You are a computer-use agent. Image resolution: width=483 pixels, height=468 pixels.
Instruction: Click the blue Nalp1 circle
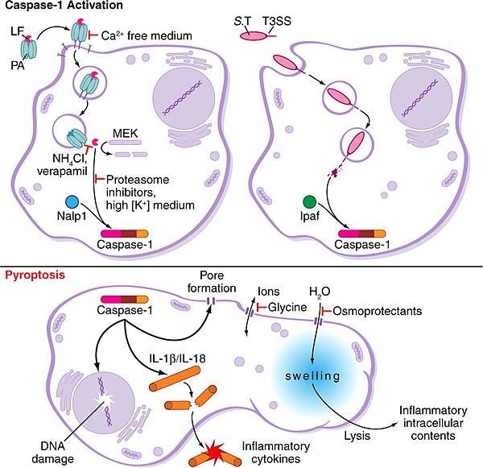click(x=72, y=202)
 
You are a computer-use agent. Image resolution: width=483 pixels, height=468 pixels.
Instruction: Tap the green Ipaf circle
click(x=310, y=202)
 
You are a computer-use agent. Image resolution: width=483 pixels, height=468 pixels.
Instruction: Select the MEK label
click(x=126, y=133)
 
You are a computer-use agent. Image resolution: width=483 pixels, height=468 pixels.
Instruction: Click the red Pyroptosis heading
click(x=35, y=275)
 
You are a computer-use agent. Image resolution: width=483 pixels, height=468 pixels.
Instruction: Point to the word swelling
click(x=312, y=376)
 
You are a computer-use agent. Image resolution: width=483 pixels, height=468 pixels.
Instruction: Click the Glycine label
click(x=287, y=307)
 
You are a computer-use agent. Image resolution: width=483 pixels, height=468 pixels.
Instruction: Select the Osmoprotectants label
click(x=378, y=311)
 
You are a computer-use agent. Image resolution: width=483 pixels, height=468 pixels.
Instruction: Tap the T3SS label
click(x=277, y=21)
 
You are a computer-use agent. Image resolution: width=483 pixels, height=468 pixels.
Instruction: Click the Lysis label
click(x=357, y=436)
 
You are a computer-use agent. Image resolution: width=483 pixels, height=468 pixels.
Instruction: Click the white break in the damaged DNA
click(x=104, y=400)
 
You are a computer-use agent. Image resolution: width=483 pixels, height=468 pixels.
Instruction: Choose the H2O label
click(x=320, y=292)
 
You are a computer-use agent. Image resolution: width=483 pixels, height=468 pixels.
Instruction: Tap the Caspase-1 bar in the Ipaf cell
click(x=362, y=234)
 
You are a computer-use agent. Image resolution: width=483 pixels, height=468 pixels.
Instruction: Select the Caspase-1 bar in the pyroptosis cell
click(x=125, y=300)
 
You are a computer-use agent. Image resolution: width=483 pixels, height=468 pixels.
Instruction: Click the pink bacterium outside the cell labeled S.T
click(x=253, y=36)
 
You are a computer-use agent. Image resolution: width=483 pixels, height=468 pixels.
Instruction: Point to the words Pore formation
click(x=212, y=282)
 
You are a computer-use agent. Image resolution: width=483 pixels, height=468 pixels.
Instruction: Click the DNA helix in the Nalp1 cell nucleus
click(x=183, y=97)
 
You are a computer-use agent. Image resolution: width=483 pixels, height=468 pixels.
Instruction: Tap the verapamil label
click(x=62, y=171)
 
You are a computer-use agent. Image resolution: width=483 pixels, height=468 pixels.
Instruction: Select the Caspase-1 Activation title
click(x=64, y=5)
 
